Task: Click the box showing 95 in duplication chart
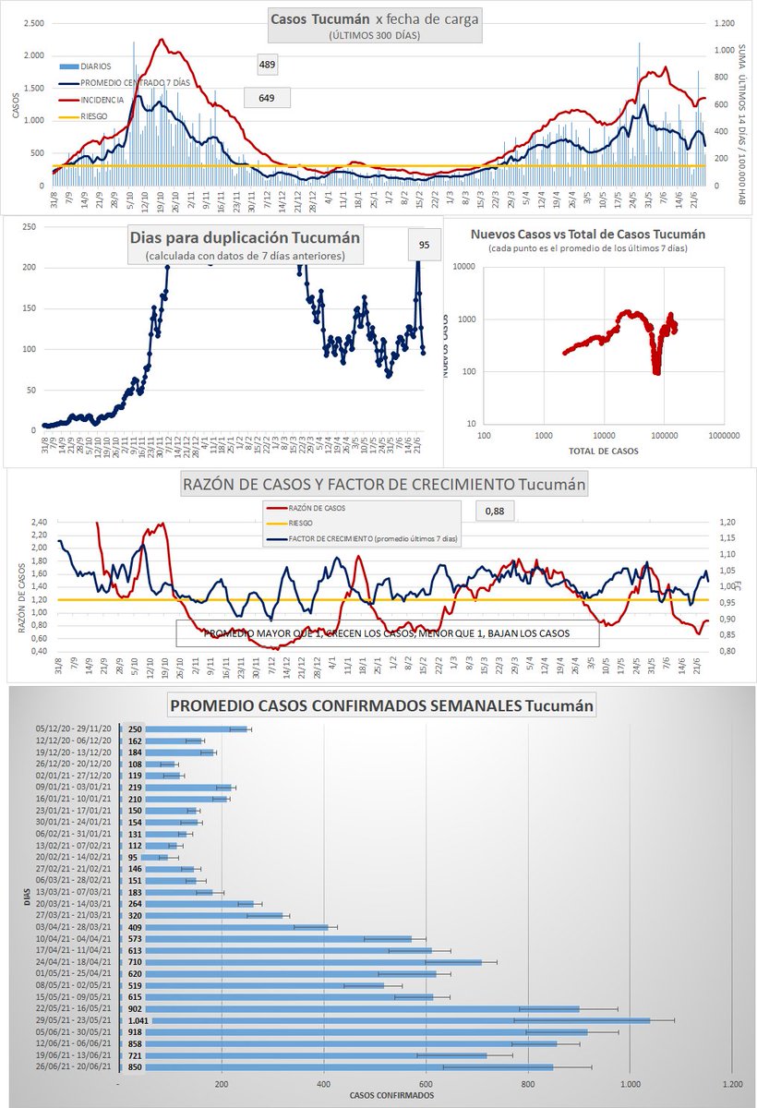(x=425, y=245)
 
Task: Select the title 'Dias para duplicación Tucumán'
(x=245, y=235)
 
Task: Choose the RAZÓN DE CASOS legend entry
(x=313, y=507)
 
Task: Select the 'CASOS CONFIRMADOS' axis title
(x=393, y=1095)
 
